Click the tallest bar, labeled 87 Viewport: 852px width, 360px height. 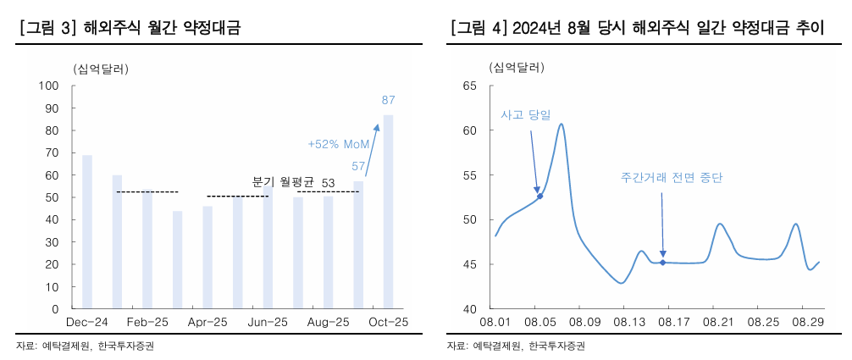pos(388,212)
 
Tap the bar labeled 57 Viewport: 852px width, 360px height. pos(358,245)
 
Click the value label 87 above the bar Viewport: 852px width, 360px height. pos(388,100)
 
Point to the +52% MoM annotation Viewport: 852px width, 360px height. pos(338,144)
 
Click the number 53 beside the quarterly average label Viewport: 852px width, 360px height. pos(329,182)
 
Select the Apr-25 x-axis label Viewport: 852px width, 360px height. pos(207,322)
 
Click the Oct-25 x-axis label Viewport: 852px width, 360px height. pos(388,322)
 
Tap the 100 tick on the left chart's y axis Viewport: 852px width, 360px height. pos(47,86)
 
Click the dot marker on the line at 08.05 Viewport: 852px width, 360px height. pos(540,196)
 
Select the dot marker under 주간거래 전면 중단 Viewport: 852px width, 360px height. pos(662,263)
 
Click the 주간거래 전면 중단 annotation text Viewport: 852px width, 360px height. pos(672,178)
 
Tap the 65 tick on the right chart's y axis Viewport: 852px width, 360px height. pos(472,86)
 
